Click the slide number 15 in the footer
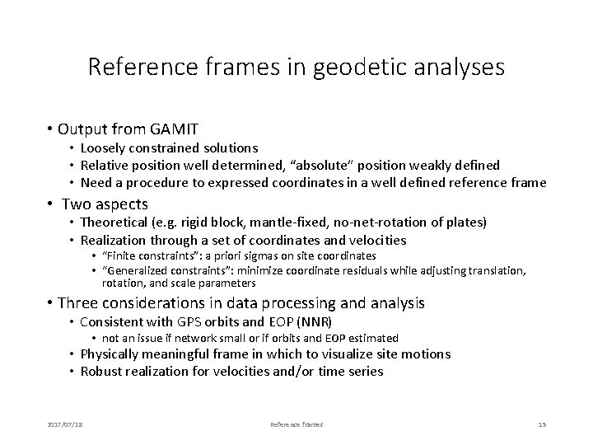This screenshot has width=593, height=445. (541, 424)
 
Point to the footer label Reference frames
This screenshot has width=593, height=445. (296, 424)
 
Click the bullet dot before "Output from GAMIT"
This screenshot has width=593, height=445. (51, 129)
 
